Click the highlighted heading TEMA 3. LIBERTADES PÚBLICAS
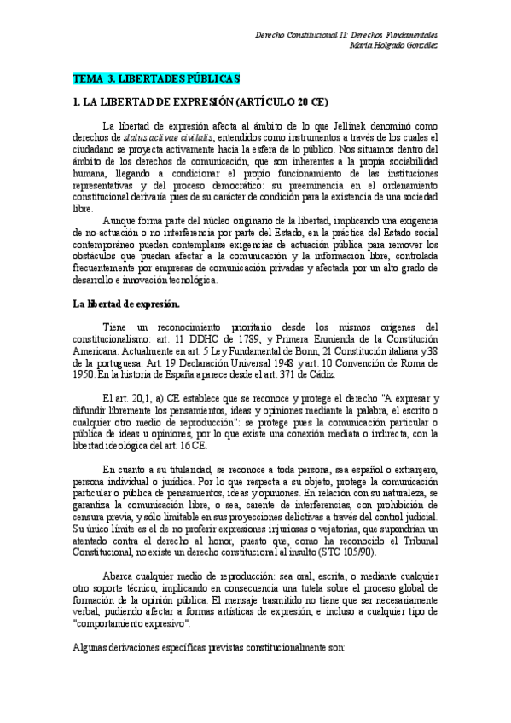156,78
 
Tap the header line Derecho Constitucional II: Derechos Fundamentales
358,35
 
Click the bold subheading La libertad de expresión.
125,303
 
